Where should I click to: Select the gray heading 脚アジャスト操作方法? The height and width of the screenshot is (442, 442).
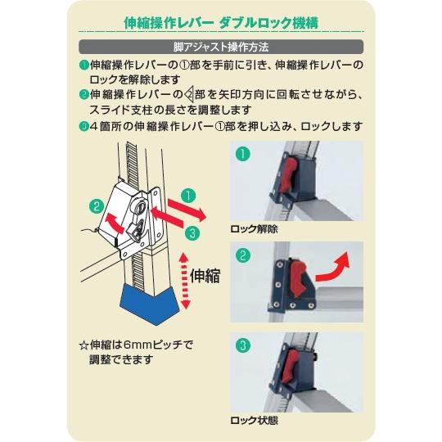click(221, 47)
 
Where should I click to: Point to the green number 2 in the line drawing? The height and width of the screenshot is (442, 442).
click(96, 205)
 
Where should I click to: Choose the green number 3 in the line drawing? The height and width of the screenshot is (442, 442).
click(192, 232)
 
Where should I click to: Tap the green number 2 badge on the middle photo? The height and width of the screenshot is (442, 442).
click(242, 255)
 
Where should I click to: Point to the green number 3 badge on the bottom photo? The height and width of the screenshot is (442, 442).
click(242, 344)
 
